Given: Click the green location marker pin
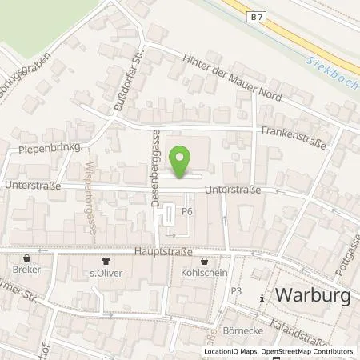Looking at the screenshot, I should (182, 161).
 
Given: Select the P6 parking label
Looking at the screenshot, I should (188, 212).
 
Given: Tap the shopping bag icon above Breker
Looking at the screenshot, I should (29, 259).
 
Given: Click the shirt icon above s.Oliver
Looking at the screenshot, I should (105, 260).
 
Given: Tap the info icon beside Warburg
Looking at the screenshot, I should (264, 298).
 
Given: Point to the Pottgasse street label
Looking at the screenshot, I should (345, 256).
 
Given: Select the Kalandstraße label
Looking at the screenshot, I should (324, 330).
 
